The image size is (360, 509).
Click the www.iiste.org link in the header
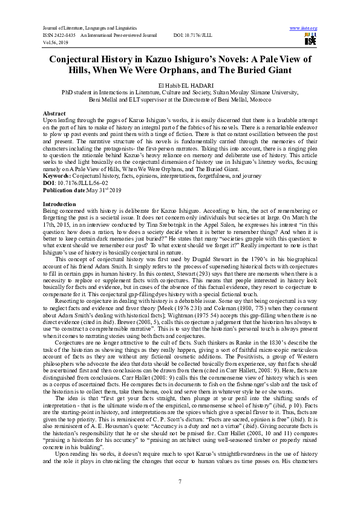coord(304,28)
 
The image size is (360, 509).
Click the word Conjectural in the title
coord(85,59)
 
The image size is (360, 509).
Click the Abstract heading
coord(54,114)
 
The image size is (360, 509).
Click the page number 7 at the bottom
coord(180,481)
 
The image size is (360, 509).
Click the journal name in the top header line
coord(89,28)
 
